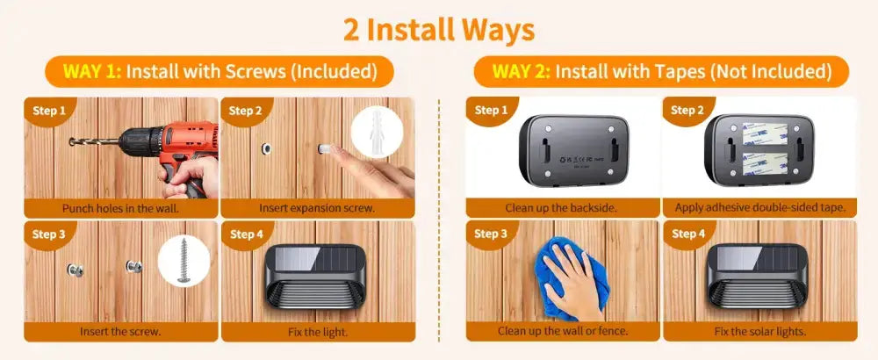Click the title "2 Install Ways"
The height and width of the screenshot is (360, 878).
coord(438,30)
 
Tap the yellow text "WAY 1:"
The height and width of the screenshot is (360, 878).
coord(92,72)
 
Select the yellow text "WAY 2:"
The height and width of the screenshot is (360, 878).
coord(522,72)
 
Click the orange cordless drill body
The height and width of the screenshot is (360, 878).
coord(168,147)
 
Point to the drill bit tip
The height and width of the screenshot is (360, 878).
coord(70,141)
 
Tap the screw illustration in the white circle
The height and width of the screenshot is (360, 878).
coord(184,260)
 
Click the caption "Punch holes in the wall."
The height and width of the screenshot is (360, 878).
coord(120,209)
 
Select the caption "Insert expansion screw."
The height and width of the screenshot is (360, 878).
coord(317,208)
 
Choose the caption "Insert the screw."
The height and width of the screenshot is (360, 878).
coord(120,331)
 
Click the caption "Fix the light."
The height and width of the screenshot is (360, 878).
coord(318,331)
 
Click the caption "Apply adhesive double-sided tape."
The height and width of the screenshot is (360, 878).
coord(759,208)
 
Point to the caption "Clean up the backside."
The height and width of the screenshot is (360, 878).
coord(561,208)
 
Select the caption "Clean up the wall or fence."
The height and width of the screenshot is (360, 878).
coord(563,331)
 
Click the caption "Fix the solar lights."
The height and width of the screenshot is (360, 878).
coord(759,331)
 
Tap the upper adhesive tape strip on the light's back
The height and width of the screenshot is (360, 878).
coord(765,133)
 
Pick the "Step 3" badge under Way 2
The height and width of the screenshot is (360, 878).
coord(490,234)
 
